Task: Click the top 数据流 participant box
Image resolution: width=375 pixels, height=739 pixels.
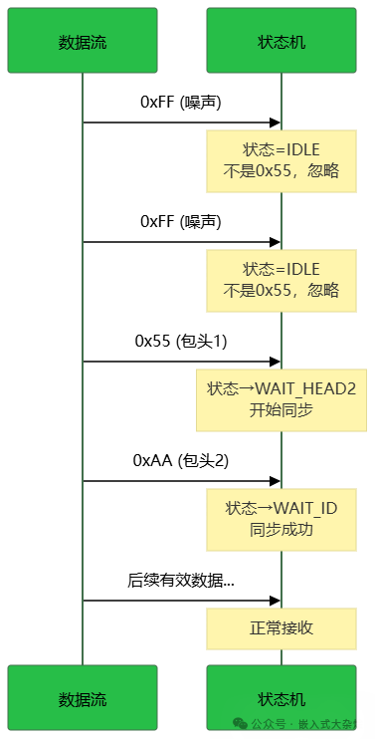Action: click(82, 41)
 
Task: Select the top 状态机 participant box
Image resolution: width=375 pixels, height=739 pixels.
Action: click(281, 41)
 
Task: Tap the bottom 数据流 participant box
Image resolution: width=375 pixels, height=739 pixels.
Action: click(82, 698)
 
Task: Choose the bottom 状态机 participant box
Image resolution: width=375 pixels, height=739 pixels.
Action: click(281, 698)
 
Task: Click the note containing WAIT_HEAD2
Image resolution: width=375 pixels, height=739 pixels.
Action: click(281, 399)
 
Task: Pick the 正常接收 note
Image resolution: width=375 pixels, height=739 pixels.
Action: click(281, 628)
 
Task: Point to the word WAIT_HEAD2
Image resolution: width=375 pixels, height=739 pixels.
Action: click(305, 388)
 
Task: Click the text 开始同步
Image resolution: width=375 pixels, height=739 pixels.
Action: click(281, 409)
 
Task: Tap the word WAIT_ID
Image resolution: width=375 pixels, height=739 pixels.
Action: click(305, 508)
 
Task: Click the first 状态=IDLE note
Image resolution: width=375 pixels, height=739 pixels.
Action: click(281, 160)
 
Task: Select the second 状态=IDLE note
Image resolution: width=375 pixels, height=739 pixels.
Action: click(281, 280)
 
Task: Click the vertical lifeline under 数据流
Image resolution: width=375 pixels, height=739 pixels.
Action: click(82, 369)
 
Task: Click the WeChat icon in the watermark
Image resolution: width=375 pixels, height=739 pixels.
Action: click(239, 724)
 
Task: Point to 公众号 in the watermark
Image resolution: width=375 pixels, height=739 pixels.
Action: click(268, 725)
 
